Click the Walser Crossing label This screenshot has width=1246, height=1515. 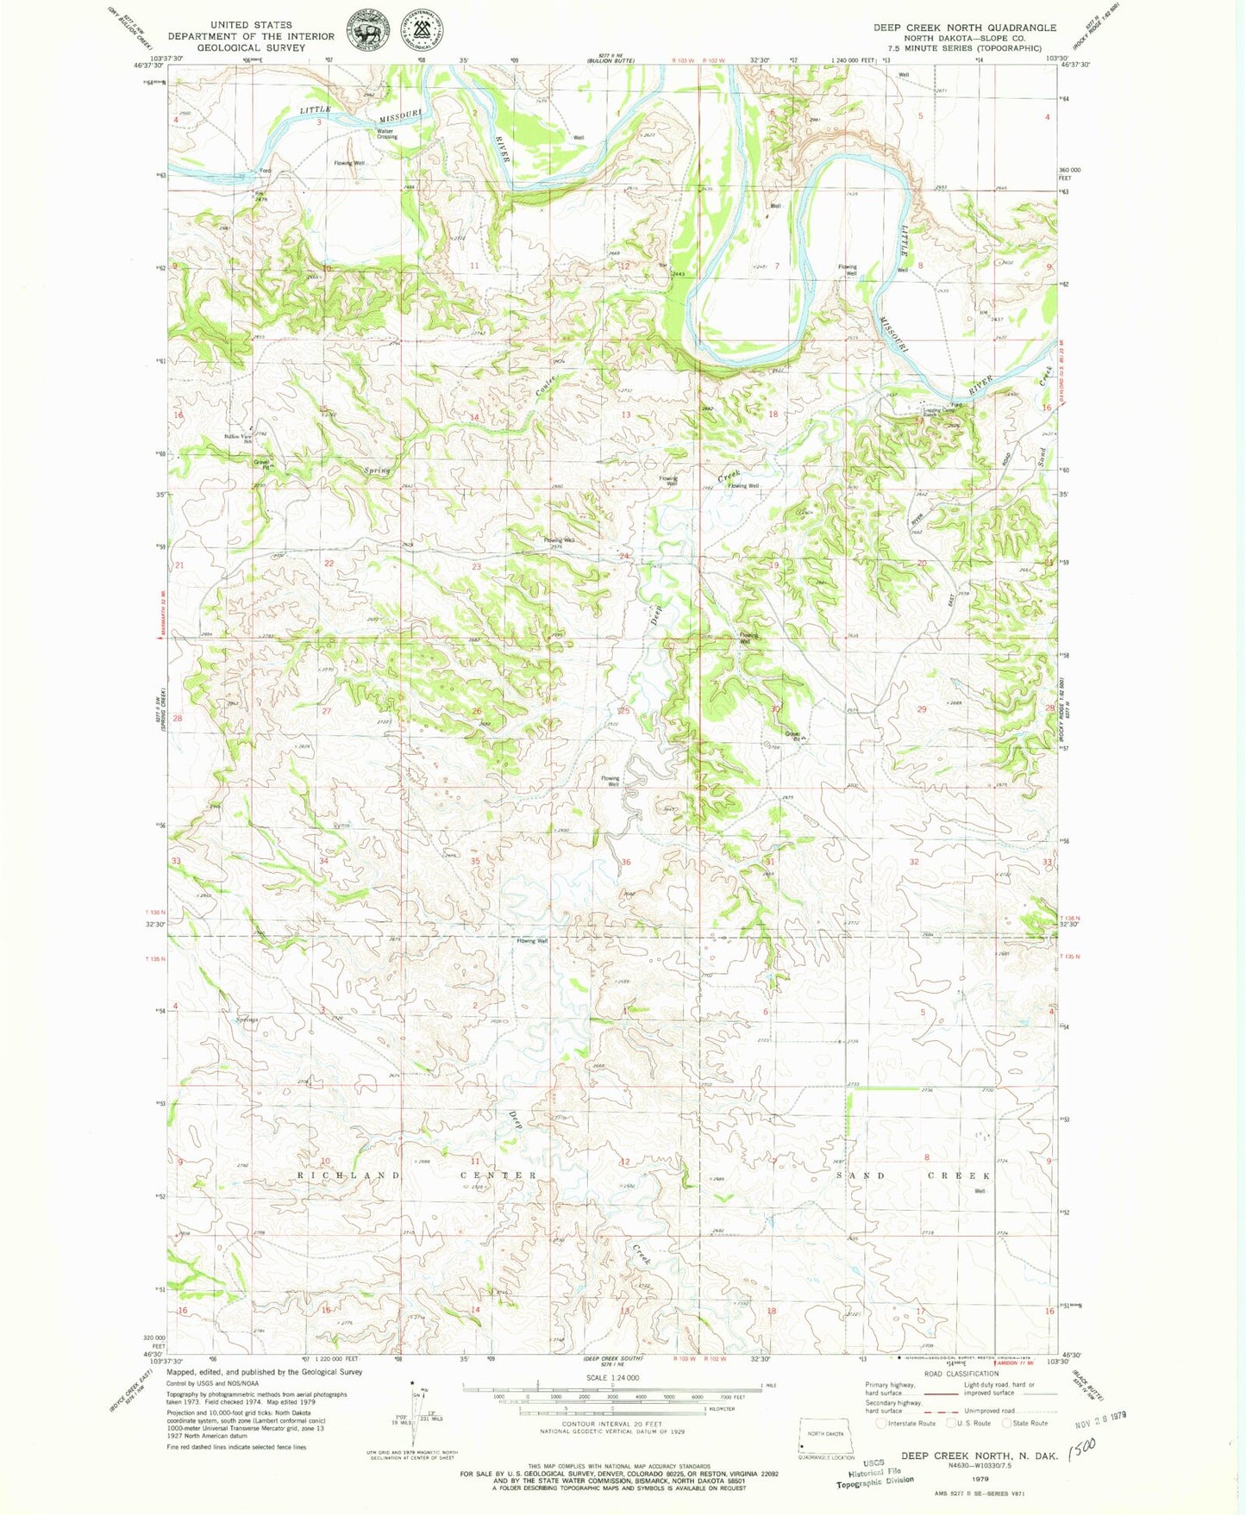click(386, 134)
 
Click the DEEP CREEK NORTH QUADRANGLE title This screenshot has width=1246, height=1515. click(964, 28)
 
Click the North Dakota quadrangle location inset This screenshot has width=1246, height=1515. click(825, 1437)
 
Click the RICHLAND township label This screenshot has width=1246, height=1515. click(349, 1175)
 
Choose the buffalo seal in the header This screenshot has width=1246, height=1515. click(366, 33)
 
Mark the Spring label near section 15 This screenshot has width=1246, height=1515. click(376, 471)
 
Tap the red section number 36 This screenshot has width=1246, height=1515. click(626, 862)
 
